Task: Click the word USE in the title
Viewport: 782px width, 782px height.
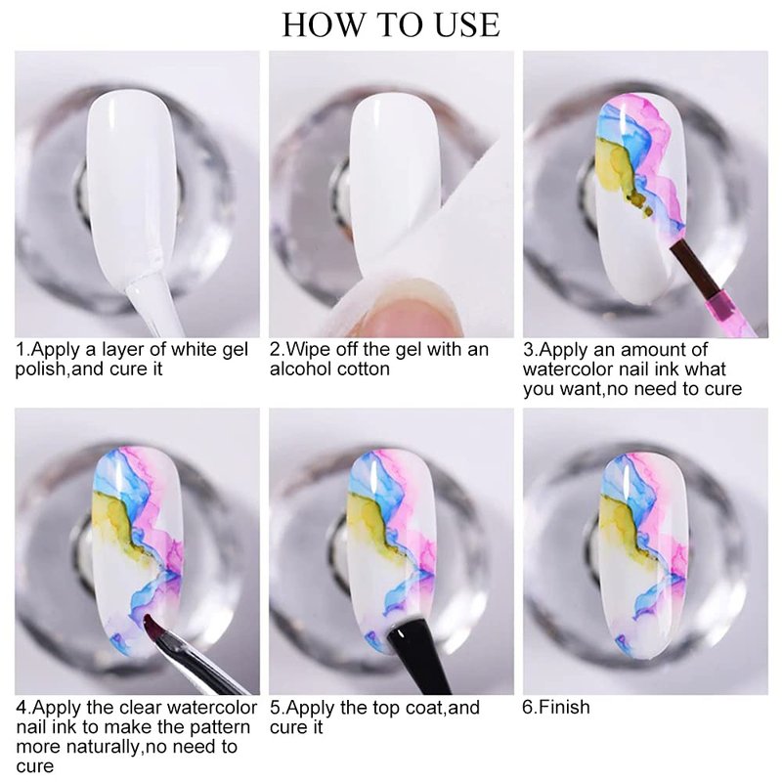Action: pyautogui.click(x=467, y=24)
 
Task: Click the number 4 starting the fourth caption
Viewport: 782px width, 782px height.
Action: pyautogui.click(x=21, y=708)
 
